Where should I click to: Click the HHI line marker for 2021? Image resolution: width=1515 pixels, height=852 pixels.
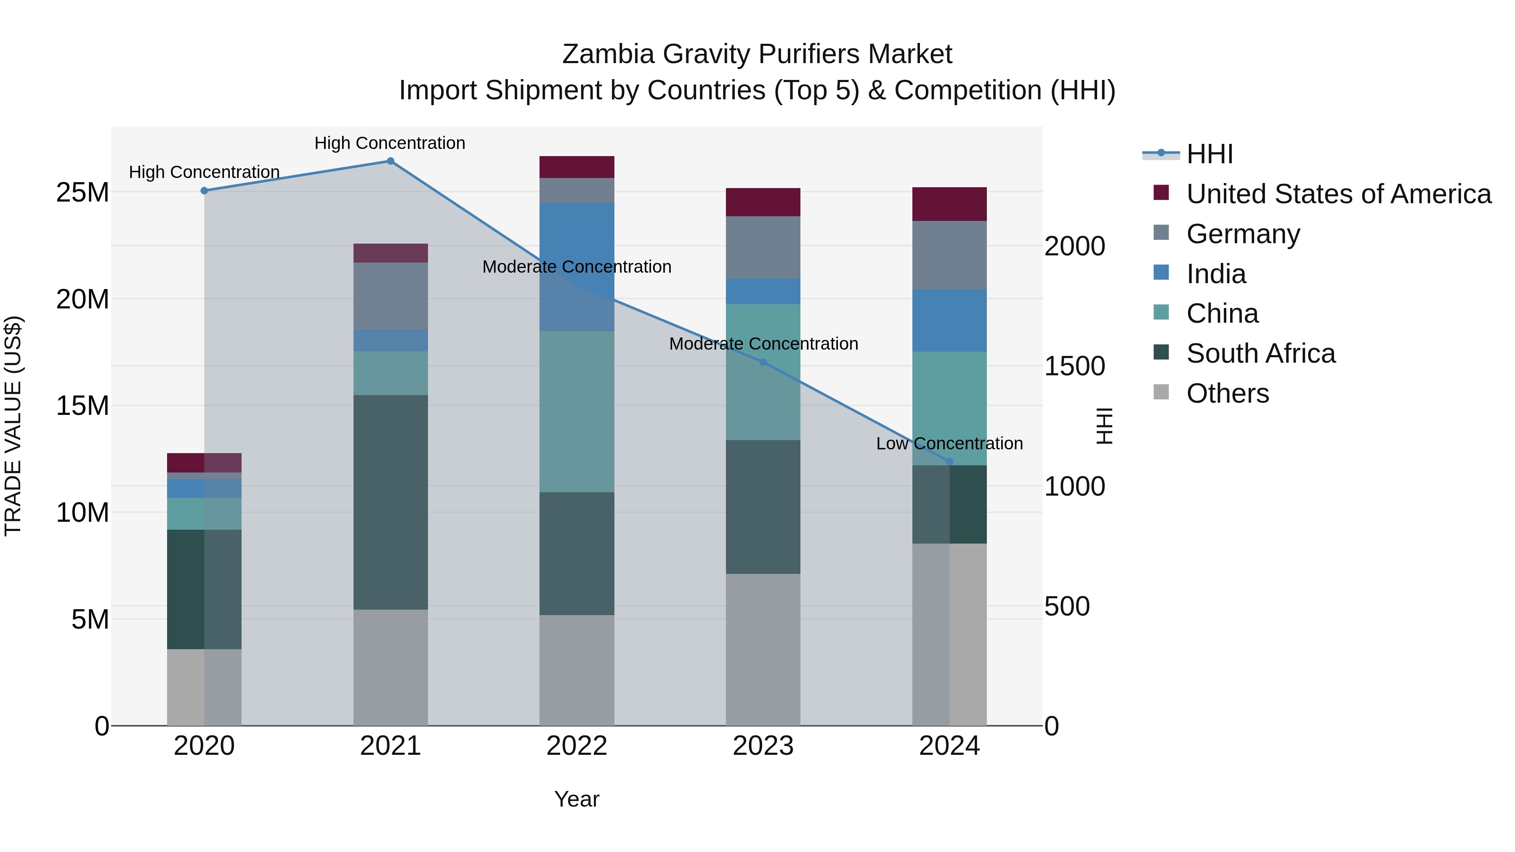click(391, 161)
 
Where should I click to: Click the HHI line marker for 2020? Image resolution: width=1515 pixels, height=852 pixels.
click(204, 191)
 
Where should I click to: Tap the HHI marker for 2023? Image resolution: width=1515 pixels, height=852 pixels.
click(763, 362)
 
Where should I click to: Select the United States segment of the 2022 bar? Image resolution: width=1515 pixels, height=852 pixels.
click(577, 167)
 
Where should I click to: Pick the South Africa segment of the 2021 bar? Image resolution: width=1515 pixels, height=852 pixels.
click(391, 502)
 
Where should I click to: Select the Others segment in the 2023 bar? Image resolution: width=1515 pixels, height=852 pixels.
click(763, 649)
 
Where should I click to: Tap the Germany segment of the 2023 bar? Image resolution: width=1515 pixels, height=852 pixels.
click(763, 247)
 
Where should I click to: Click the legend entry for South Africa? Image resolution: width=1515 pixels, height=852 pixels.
click(1260, 353)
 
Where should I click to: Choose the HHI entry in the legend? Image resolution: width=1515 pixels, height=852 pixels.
click(1209, 154)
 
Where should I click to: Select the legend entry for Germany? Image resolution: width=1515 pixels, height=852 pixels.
click(1243, 234)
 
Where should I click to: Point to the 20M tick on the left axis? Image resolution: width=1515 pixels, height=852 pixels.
click(82, 299)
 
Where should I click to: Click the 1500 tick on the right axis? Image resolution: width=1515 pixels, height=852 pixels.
click(1074, 366)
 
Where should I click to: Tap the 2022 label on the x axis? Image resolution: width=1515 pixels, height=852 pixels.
click(577, 746)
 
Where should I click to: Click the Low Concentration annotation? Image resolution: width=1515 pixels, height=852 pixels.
click(949, 443)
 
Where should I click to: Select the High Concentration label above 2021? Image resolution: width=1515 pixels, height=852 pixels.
click(390, 143)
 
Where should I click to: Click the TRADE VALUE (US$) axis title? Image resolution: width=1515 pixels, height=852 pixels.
click(13, 426)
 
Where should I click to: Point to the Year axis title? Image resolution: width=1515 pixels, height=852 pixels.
click(577, 799)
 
